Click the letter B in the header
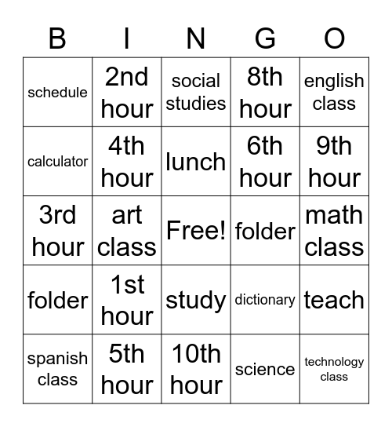57,38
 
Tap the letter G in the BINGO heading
266,38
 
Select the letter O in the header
335,38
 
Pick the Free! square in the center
196,231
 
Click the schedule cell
57,93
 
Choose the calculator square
57,162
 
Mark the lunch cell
196,162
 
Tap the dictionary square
265,300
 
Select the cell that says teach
334,300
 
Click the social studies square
196,92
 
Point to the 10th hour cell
196,369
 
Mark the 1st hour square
127,300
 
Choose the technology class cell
334,369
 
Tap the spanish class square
57,369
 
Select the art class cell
127,231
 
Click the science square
265,369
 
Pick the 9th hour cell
334,162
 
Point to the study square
196,300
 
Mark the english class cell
334,92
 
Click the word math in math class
334,215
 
